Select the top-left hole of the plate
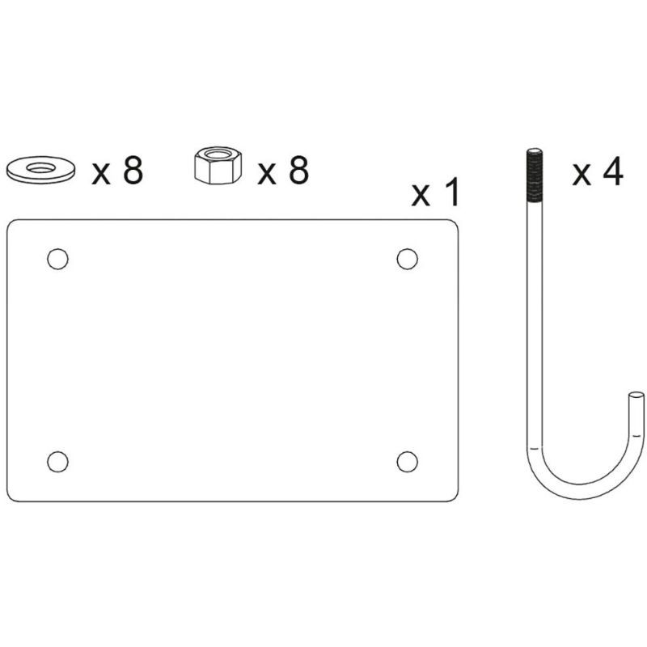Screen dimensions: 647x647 57,259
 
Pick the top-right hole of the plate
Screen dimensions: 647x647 408,259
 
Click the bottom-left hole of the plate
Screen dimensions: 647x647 57,461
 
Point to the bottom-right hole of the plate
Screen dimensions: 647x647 408,461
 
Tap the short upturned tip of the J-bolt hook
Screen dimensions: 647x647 636,408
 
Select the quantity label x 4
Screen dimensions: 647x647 598,172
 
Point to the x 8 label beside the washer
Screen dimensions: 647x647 117,171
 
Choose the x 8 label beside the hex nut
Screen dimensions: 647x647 283,171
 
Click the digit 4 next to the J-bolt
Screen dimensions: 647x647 612,172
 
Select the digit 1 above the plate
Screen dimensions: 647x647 451,193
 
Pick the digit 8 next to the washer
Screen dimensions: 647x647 132,171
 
